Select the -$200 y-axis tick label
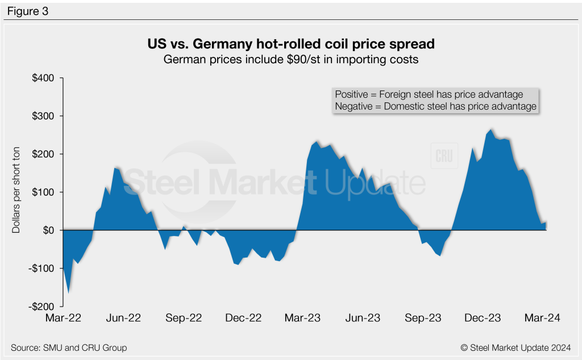tap(41, 306)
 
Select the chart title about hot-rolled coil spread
tap(290, 44)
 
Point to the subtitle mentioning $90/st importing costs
tap(290, 59)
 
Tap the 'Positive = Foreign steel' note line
tap(429, 94)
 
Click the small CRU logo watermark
tap(443, 157)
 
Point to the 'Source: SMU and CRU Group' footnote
tap(69, 347)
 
